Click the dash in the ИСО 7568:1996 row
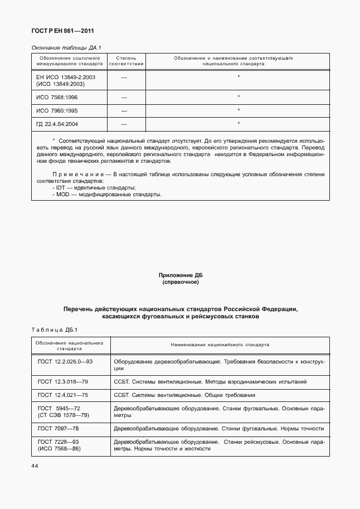(124, 97)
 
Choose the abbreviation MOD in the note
(62, 195)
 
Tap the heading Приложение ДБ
(181, 275)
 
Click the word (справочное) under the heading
(181, 282)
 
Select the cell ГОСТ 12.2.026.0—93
(65, 362)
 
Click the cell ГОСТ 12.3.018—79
(63, 382)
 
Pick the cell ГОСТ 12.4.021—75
(63, 395)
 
